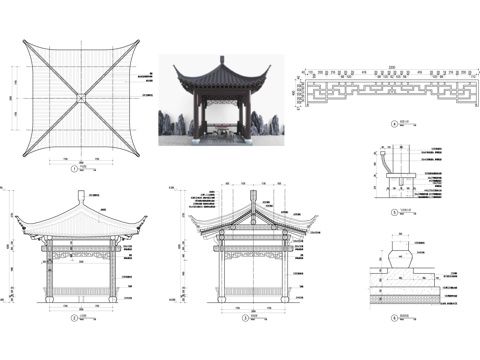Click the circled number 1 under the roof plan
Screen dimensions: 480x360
pos(76,170)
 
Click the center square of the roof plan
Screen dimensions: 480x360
pos(77,97)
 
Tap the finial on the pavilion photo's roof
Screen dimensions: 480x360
pos(221,60)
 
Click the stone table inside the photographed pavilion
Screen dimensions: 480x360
pos(222,128)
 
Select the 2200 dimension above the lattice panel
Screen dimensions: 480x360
pos(392,67)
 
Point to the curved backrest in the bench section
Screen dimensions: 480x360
pos(385,161)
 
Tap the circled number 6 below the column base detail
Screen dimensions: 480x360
pos(394,318)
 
